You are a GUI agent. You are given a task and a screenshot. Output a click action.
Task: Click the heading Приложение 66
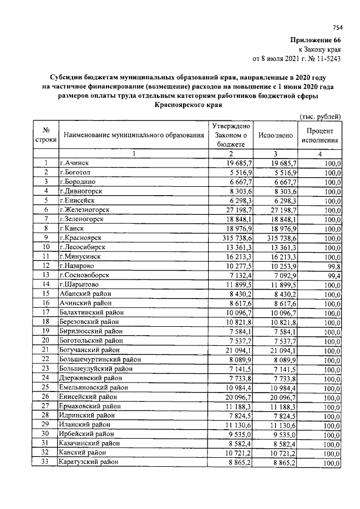[316, 40]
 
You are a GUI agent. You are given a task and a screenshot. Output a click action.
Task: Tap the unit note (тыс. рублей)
[318, 116]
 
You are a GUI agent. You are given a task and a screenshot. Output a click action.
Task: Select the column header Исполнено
[275, 136]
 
